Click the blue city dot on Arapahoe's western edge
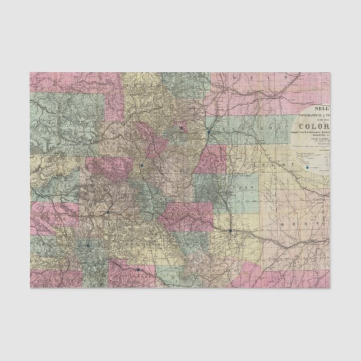click(208, 132)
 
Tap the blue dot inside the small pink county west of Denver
click(182, 128)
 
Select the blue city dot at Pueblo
click(230, 230)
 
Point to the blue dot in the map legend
click(307, 167)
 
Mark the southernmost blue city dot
click(138, 270)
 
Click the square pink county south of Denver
click(210, 160)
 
